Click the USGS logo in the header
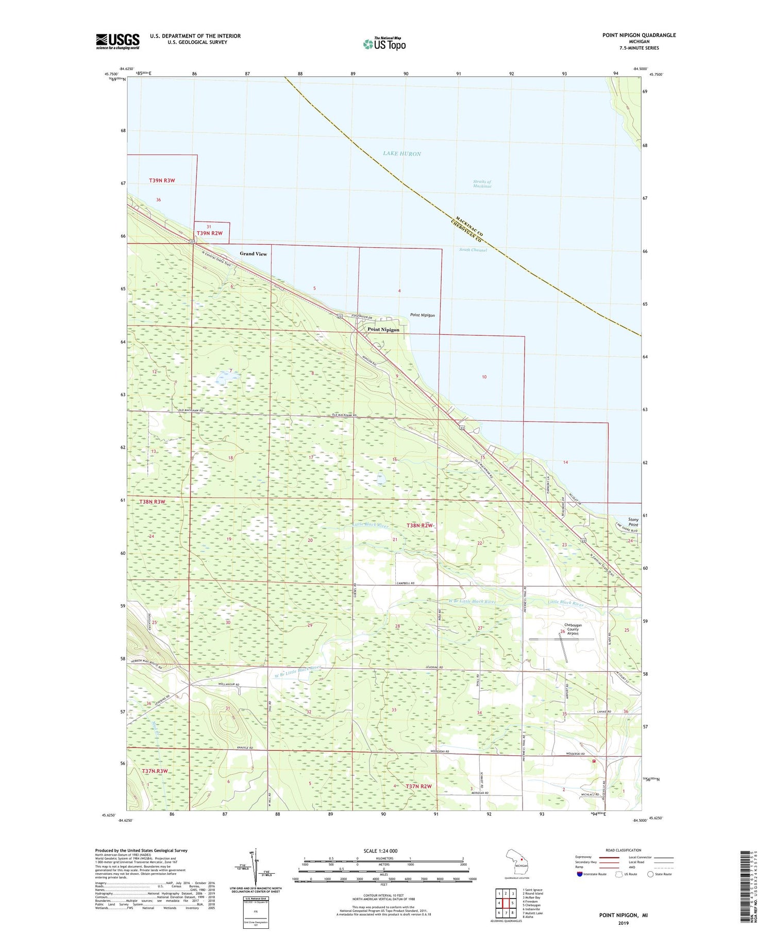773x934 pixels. (117, 41)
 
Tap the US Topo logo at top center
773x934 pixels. (384, 44)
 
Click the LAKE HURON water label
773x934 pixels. (402, 154)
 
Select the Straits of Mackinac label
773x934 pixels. (482, 184)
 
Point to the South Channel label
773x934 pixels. (473, 250)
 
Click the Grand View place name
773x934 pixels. (253, 253)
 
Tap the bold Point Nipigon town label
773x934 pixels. (383, 330)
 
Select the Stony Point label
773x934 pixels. (633, 522)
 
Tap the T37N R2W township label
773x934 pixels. (418, 786)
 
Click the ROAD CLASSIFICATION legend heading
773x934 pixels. (624, 850)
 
